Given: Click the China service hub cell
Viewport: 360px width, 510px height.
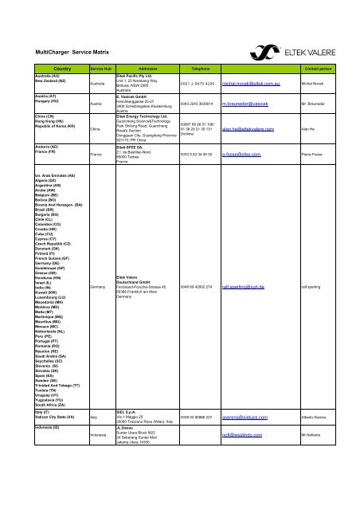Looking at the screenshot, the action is (96, 127).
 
